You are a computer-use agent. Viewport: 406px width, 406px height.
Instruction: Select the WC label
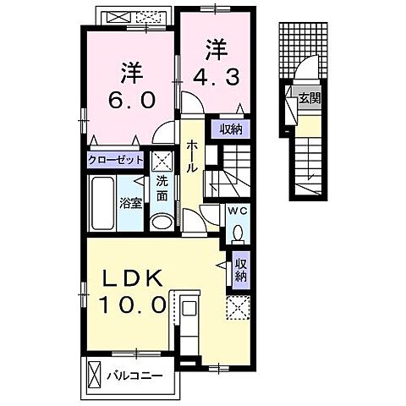click(x=236, y=212)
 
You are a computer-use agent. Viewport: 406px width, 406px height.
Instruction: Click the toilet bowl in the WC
click(x=237, y=231)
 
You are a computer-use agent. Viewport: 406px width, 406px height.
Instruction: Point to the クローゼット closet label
click(x=115, y=159)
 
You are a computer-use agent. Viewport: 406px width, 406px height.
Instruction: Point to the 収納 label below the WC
click(x=241, y=268)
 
